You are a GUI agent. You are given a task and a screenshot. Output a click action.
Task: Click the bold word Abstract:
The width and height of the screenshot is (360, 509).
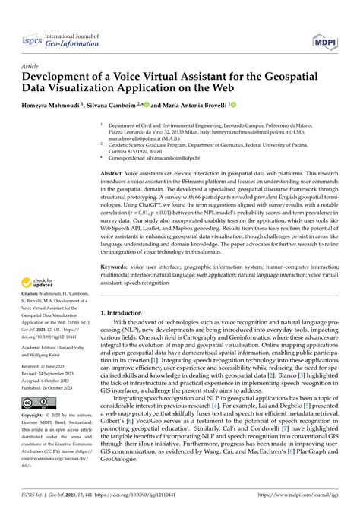115,174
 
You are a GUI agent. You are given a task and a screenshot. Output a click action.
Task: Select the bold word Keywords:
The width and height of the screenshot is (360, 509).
117,268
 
